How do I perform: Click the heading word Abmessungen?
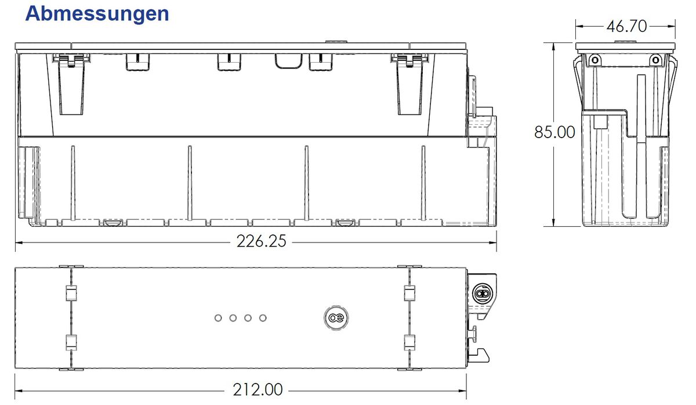tap(97, 13)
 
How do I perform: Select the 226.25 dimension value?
tap(261, 241)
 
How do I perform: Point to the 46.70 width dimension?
tap(626, 26)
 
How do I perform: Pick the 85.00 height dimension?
tap(554, 132)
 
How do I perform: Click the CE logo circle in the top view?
tap(334, 318)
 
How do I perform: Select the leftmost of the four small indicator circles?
tap(218, 318)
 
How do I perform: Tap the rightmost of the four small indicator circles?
tap(263, 318)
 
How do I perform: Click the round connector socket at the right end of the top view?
tap(481, 293)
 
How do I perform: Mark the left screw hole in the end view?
tap(593, 59)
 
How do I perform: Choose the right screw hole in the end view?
tap(655, 59)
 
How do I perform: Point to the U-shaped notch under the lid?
tap(288, 62)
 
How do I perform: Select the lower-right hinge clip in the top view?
tap(408, 342)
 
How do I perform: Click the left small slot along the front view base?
tap(113, 223)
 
